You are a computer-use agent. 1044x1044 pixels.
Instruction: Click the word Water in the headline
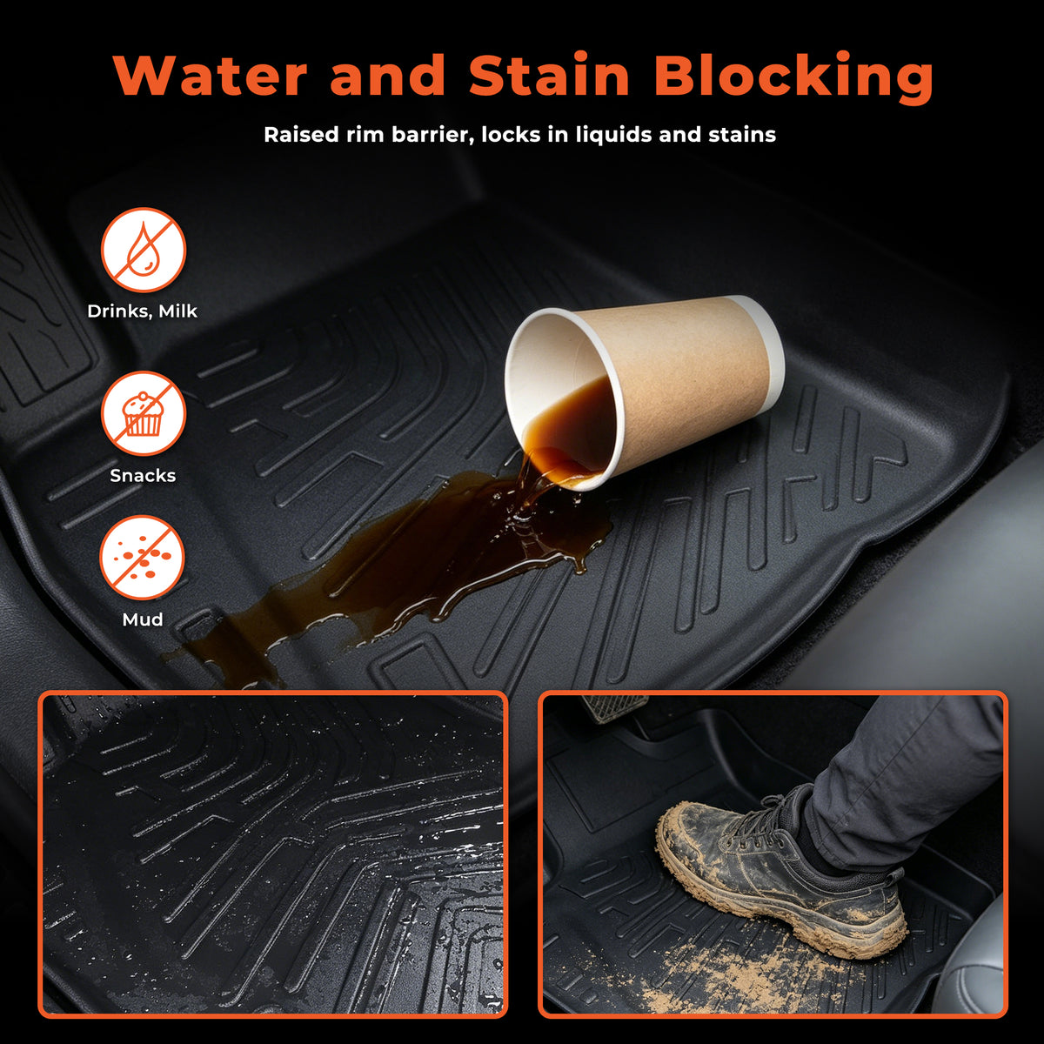pyautogui.click(x=211, y=76)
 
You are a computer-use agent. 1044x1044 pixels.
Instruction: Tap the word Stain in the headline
pyautogui.click(x=549, y=76)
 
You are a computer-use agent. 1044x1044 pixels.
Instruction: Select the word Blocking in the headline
pyautogui.click(x=793, y=77)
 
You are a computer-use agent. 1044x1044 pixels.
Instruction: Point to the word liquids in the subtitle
pyautogui.click(x=613, y=136)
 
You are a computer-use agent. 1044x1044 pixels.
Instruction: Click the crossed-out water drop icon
pyautogui.click(x=144, y=250)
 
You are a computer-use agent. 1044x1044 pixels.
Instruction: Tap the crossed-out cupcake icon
pyautogui.click(x=144, y=414)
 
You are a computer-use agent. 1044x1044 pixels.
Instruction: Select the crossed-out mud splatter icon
pyautogui.click(x=143, y=558)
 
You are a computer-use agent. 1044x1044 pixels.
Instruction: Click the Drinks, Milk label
pyautogui.click(x=143, y=311)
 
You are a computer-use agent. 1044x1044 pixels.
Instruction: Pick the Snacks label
pyautogui.click(x=143, y=475)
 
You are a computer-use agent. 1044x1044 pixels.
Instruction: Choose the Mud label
pyautogui.click(x=143, y=619)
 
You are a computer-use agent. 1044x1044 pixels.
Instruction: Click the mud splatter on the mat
pyautogui.click(x=720, y=975)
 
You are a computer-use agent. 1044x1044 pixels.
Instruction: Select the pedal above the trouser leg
pyautogui.click(x=615, y=707)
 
